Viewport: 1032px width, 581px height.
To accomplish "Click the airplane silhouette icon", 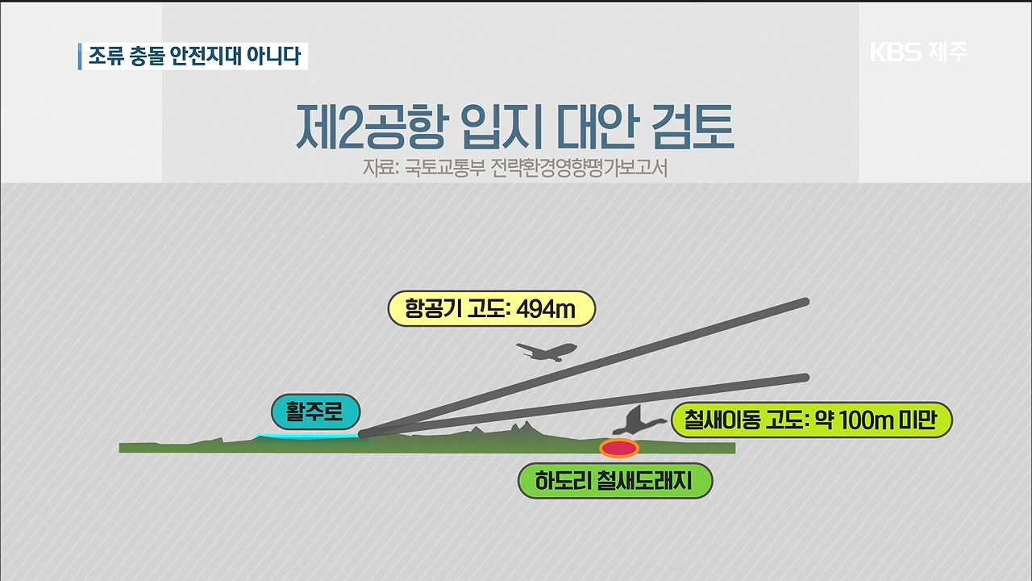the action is pos(547,351).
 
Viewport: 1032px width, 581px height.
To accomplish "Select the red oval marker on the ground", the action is pos(618,448).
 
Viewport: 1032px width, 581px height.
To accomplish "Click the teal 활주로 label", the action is pos(315,412).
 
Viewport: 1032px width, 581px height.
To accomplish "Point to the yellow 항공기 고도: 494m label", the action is pos(492,308).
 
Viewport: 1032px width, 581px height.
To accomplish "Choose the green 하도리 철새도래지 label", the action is pos(615,481).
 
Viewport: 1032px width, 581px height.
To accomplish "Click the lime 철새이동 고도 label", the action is pos(812,420).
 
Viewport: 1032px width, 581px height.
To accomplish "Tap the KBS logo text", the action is pos(895,52).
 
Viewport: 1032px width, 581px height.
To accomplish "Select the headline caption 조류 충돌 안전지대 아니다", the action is pos(194,56).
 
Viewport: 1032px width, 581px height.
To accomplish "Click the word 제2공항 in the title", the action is pos(371,126).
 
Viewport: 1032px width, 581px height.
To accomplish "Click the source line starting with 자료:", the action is pos(515,169).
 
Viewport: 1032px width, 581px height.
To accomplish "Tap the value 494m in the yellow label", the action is pos(546,309).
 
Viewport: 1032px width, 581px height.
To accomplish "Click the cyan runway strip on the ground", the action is pos(308,437).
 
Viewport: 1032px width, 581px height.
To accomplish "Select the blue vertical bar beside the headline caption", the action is pos(80,56).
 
